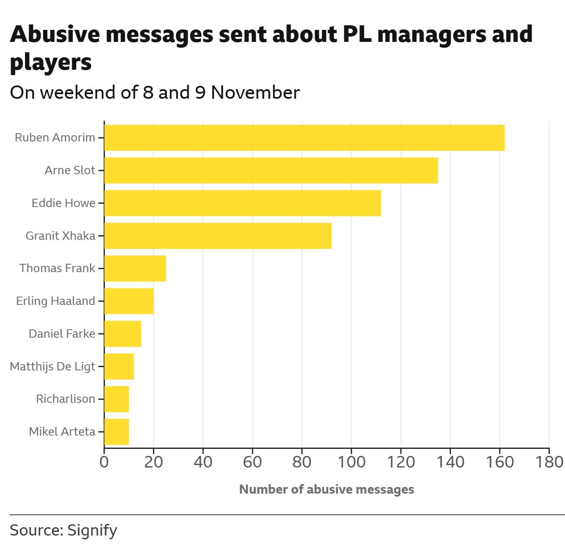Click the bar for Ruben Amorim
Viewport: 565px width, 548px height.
pos(304,138)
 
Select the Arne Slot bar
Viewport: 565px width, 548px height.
pos(271,170)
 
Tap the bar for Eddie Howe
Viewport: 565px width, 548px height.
pos(242,203)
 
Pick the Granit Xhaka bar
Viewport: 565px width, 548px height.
pos(218,236)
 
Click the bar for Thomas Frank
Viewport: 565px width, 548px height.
pos(135,268)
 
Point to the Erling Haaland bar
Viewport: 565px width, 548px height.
pos(129,301)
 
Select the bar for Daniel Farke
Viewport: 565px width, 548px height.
pos(123,334)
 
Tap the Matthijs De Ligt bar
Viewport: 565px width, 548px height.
pos(119,366)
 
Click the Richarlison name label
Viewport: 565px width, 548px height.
pos(65,399)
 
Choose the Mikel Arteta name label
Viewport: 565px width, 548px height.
pos(62,432)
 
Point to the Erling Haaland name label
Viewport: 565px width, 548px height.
pos(56,301)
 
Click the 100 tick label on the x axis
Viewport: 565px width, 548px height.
pos(351,462)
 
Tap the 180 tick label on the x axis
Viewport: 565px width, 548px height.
pos(549,462)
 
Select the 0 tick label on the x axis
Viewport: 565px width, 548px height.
pos(104,462)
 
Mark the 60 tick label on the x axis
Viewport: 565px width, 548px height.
pos(252,462)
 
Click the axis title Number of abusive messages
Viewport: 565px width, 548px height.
pos(327,490)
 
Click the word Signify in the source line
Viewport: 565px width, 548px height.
pos(92,531)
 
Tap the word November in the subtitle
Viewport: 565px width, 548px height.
pos(255,93)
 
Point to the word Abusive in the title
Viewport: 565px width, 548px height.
pos(55,34)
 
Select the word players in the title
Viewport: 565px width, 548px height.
pos(51,62)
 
